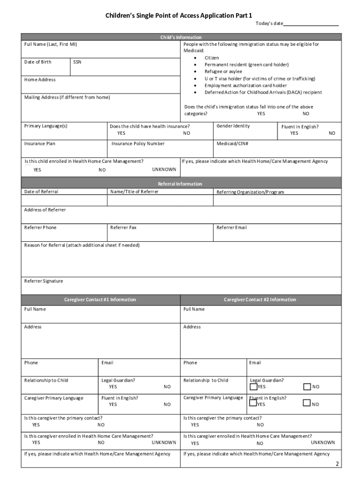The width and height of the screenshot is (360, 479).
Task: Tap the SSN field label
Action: [x=78, y=62]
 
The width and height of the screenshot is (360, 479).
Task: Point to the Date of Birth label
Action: [x=38, y=62]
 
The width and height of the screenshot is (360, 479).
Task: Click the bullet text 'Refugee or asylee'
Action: [x=223, y=72]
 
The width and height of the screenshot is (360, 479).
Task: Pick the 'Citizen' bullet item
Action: [x=211, y=58]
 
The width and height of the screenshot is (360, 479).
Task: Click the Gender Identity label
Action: [x=233, y=126]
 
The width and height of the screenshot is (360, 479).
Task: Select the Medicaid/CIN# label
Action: [x=232, y=144]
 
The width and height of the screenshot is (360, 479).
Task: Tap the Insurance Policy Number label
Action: [x=138, y=144]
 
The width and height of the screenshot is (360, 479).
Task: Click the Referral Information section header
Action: [x=180, y=184]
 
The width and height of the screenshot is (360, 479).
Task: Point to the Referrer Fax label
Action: [x=123, y=228]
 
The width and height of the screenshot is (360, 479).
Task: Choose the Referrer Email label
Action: [x=231, y=228]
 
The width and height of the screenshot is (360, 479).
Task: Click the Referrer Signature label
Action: [x=43, y=281]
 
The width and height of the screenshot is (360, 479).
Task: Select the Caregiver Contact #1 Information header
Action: [x=100, y=299]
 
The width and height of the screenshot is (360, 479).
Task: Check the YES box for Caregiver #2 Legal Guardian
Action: [x=253, y=386]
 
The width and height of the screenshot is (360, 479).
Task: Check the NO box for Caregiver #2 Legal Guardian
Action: [x=307, y=386]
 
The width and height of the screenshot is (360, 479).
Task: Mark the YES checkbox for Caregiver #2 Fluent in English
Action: [x=253, y=404]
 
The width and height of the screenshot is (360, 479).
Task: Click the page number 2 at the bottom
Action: [x=337, y=464]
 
